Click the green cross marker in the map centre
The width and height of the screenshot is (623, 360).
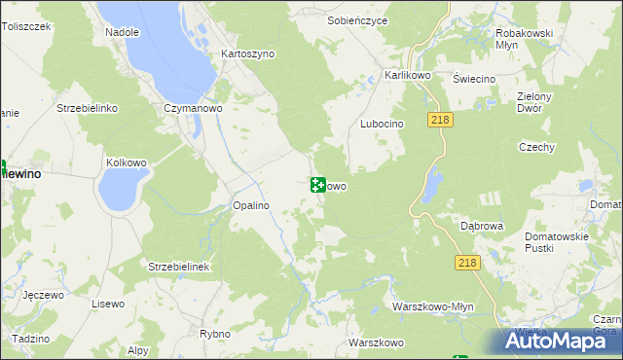317,185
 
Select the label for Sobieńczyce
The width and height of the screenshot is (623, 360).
358,19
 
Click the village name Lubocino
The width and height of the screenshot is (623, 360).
382,125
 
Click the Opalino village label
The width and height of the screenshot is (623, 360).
250,206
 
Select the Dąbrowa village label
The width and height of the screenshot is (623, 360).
482,226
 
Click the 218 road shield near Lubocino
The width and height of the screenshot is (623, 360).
436,119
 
